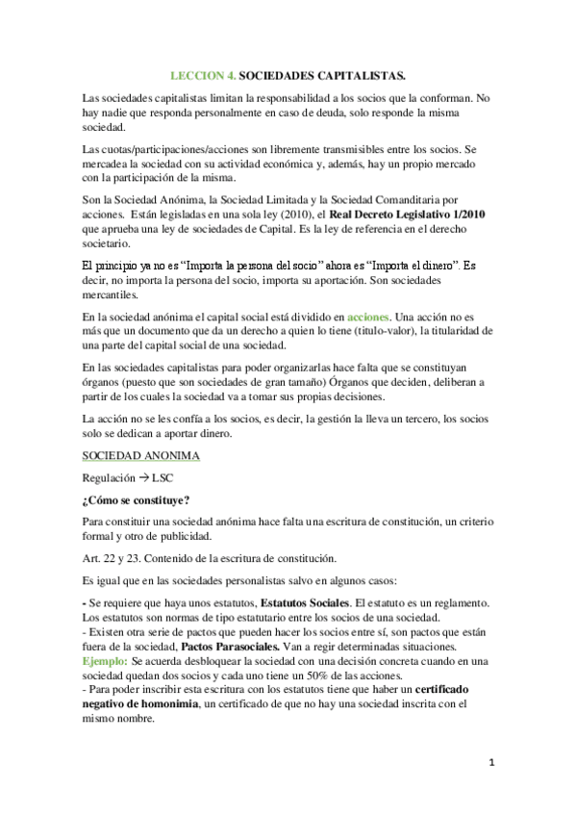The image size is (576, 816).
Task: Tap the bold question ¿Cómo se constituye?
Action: [x=135, y=498]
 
